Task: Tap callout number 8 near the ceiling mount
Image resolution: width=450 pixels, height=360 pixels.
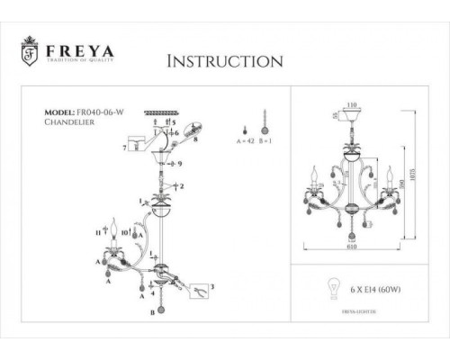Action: (x=194, y=140)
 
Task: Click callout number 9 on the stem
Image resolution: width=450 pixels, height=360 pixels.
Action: (x=181, y=164)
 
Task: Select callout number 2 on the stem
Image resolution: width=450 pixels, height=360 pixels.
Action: (x=182, y=186)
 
